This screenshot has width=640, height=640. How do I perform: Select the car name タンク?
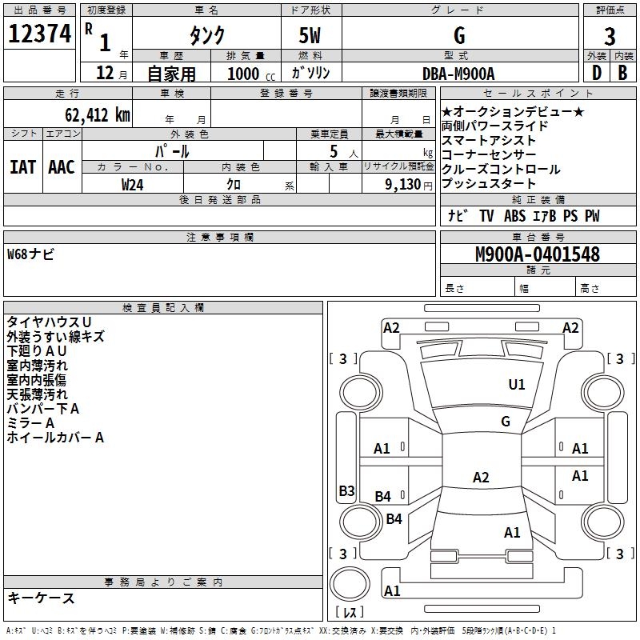coord(206,35)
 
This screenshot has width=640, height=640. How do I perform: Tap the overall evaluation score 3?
coord(610,36)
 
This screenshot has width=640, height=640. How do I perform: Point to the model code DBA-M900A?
coord(458,73)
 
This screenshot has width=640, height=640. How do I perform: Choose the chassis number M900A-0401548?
coord(537,254)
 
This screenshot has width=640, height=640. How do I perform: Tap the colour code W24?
coord(132,184)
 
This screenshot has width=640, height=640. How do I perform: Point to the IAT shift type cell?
coord(22,166)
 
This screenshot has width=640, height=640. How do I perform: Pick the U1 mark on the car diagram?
coord(517,385)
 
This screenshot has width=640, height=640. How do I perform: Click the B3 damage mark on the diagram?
coord(346,491)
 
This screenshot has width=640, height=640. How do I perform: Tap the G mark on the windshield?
coord(505,422)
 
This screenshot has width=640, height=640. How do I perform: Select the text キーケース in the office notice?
coord(41,598)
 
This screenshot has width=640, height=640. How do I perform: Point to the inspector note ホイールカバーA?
coord(55,438)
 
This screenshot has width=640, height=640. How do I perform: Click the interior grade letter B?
coord(622,73)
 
